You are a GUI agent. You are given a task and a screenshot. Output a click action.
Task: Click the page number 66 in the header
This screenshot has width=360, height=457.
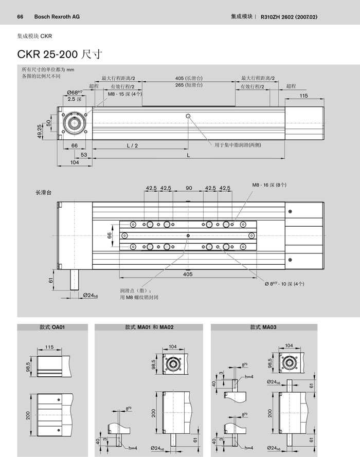pyautogui.click(x=21, y=16)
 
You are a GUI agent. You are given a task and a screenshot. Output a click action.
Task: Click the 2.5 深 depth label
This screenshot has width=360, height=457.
pyautogui.click(x=75, y=99)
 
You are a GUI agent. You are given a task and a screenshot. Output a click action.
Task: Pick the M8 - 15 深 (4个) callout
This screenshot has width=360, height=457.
pyautogui.click(x=124, y=94)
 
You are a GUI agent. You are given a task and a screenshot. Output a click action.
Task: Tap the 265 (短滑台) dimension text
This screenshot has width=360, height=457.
pyautogui.click(x=189, y=85)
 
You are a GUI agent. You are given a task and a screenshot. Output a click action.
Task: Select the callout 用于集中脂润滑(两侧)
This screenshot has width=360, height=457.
pyautogui.click(x=237, y=145)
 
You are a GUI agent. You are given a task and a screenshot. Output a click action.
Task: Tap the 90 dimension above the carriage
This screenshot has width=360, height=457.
pyautogui.click(x=189, y=188)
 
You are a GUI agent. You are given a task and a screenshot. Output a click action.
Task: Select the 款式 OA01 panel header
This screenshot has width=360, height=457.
pyautogui.click(x=51, y=327)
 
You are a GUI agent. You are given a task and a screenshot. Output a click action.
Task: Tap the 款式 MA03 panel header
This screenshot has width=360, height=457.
pyautogui.click(x=263, y=327)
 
